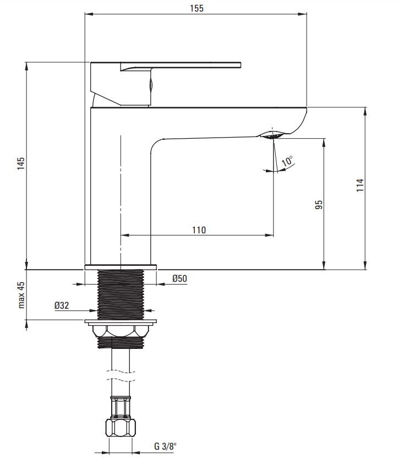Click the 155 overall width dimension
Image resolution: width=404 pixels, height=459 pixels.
click(196, 8)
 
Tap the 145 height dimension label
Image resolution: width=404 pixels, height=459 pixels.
click(20, 163)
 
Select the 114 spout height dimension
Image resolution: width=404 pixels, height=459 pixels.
click(360, 185)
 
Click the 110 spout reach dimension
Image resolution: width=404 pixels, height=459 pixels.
click(199, 230)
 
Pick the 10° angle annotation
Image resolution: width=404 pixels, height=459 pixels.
click(287, 161)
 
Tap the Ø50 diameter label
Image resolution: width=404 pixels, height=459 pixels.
click(179, 278)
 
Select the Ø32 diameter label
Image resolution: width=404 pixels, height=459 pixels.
click(62, 305)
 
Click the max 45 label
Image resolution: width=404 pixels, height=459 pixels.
click(21, 295)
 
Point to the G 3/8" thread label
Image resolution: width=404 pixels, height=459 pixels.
click(166, 446)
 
